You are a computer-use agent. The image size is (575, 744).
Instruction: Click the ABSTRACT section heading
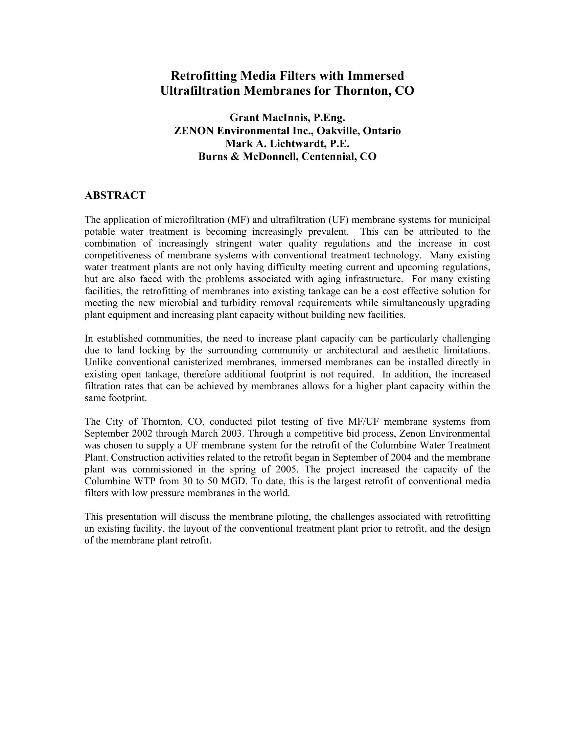coord(115,195)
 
